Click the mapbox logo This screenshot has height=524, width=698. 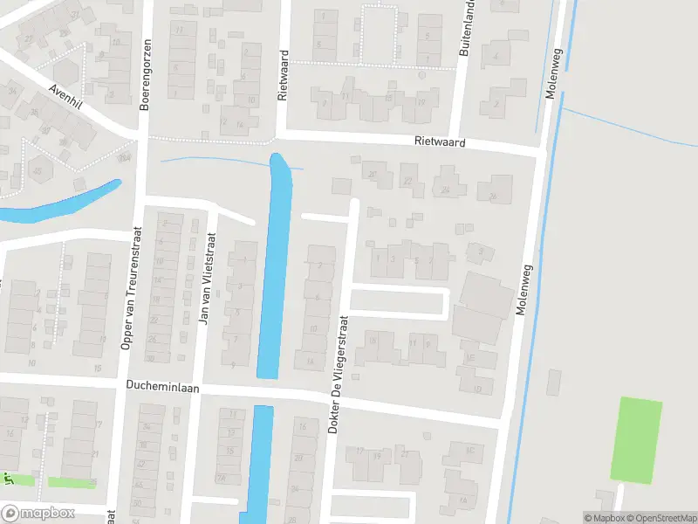(39, 513)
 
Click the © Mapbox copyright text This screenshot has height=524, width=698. (606, 518)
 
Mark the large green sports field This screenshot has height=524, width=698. (636, 438)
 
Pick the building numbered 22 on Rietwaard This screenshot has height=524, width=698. (408, 181)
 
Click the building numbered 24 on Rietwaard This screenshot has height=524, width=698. (446, 188)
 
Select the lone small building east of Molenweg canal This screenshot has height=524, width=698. (554, 382)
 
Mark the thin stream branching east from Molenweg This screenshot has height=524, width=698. (628, 122)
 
